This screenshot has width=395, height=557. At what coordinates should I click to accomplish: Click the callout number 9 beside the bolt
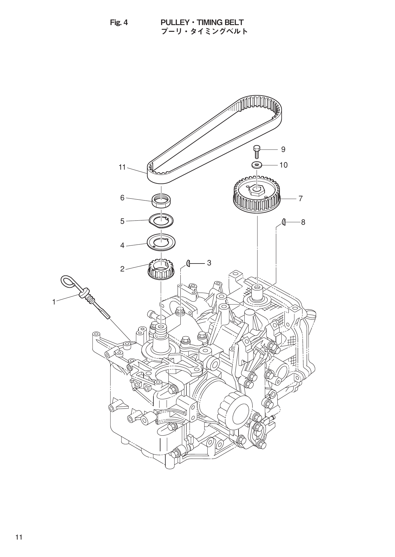click(x=283, y=149)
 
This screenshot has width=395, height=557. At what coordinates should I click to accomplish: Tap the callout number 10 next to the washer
click(x=284, y=165)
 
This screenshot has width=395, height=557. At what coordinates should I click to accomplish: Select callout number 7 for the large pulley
click(x=300, y=199)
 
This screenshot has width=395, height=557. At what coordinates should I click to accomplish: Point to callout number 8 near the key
click(x=303, y=222)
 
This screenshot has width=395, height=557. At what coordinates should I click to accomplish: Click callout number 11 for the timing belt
click(x=122, y=167)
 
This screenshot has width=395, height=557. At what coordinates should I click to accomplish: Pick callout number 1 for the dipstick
click(x=54, y=302)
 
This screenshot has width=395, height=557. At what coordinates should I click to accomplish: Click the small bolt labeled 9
click(x=257, y=152)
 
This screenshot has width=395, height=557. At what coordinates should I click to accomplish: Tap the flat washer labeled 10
click(x=256, y=165)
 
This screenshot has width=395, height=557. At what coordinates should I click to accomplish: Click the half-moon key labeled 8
click(x=284, y=222)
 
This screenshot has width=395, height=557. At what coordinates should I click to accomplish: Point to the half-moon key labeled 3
click(x=189, y=263)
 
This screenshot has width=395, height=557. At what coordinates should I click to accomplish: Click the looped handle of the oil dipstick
click(x=68, y=281)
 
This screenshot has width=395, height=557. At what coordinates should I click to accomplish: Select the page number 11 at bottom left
click(x=19, y=537)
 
